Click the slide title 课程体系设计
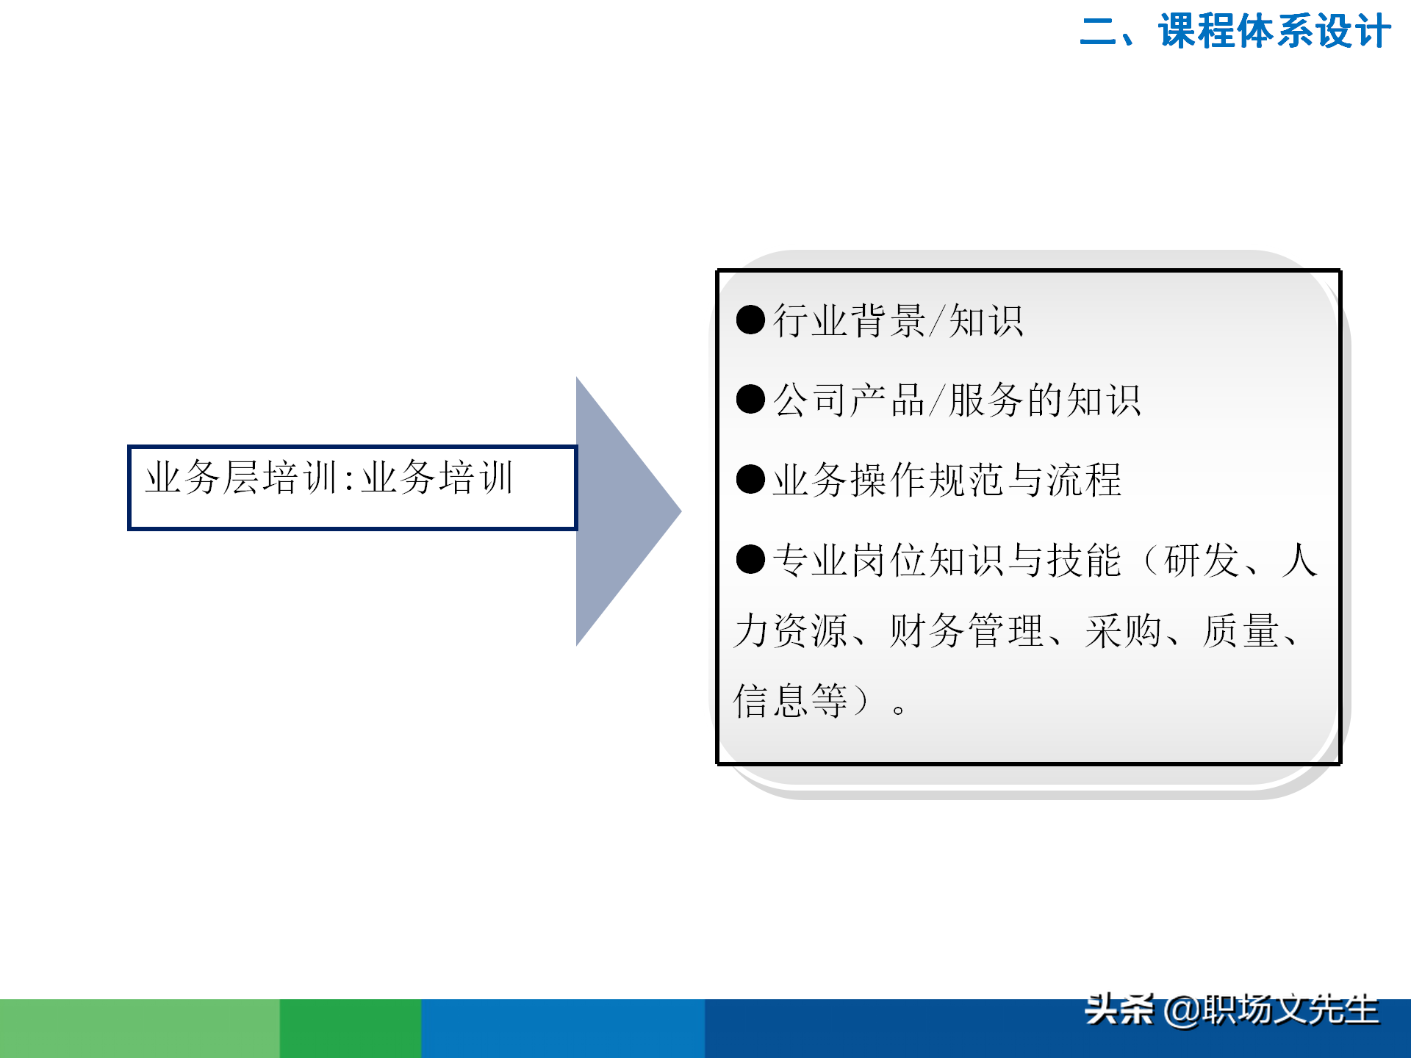[x=1274, y=32]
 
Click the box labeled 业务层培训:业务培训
[x=352, y=487]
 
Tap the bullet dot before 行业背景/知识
[x=750, y=320]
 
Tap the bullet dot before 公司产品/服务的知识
[x=750, y=399]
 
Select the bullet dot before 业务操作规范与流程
[x=750, y=479]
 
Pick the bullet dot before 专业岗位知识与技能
[x=750, y=559]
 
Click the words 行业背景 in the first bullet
[x=849, y=321]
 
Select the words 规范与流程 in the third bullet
[x=1024, y=481]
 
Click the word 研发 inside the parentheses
[x=1202, y=561]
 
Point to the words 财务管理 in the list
[x=966, y=631]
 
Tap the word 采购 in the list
[x=1123, y=631]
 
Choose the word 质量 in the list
[x=1241, y=631]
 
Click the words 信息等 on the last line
[x=791, y=700]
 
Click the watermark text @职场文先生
[x=1271, y=1010]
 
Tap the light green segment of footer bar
[x=140, y=1029]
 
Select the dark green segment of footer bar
[x=351, y=1029]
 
